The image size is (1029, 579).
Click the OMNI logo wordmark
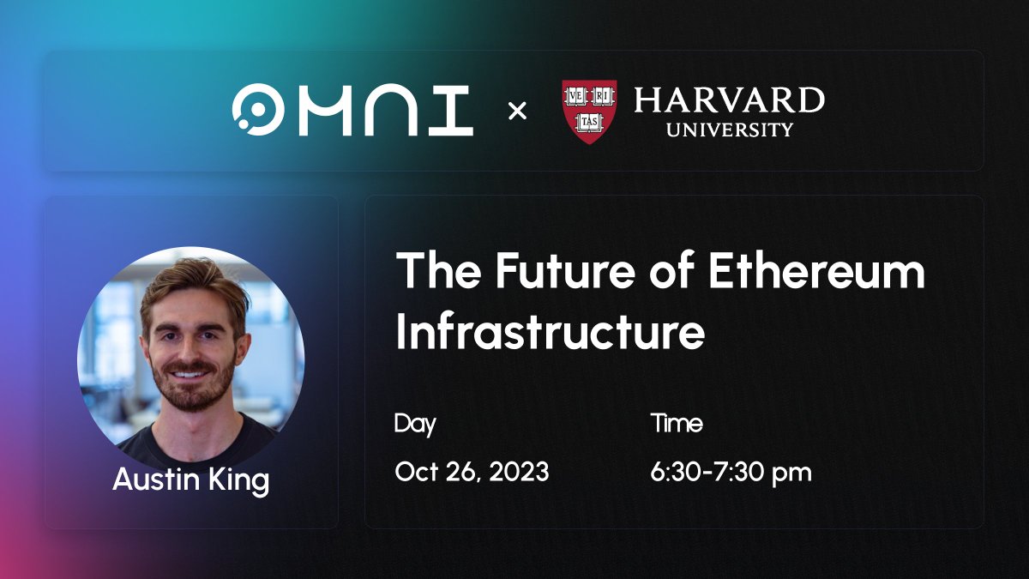click(352, 111)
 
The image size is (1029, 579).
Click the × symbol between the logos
click(518, 111)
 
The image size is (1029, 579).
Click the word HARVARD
click(729, 100)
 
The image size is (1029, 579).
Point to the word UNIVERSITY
click(729, 130)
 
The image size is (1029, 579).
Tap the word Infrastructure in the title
click(550, 332)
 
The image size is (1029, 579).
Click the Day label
click(415, 424)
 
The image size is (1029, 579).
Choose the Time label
click(677, 424)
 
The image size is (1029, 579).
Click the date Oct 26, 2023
click(472, 472)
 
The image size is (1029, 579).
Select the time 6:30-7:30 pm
click(731, 472)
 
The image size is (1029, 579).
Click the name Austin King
click(190, 479)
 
